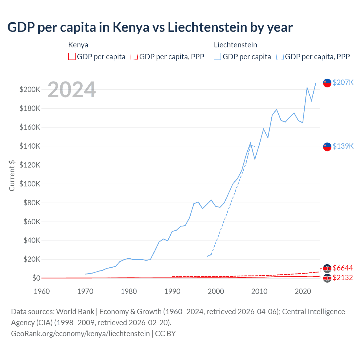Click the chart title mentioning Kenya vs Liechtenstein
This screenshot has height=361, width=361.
[150, 27]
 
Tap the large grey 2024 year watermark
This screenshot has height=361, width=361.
[72, 90]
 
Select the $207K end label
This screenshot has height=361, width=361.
[343, 82]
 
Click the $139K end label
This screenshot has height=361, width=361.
[343, 146]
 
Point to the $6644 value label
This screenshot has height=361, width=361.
[343, 268]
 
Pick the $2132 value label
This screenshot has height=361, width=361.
[343, 278]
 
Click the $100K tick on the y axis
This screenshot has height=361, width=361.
[30, 184]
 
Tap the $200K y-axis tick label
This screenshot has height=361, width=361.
[30, 90]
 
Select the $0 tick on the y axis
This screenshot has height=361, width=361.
[36, 278]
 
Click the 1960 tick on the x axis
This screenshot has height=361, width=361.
[42, 291]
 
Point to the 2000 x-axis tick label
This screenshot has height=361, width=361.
[216, 291]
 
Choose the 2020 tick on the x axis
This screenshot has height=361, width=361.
[303, 291]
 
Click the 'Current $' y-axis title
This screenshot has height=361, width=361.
[12, 175]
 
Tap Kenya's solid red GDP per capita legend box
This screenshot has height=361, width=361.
[72, 57]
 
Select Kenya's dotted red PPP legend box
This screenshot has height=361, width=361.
[134, 57]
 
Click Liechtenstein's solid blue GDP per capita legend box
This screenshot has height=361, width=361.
[217, 57]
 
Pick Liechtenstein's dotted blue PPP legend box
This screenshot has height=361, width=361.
[280, 57]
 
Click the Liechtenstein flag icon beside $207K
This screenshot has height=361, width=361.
[327, 83]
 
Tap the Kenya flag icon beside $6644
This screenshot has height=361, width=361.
[327, 268]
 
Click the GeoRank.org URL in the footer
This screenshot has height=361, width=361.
[80, 334]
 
